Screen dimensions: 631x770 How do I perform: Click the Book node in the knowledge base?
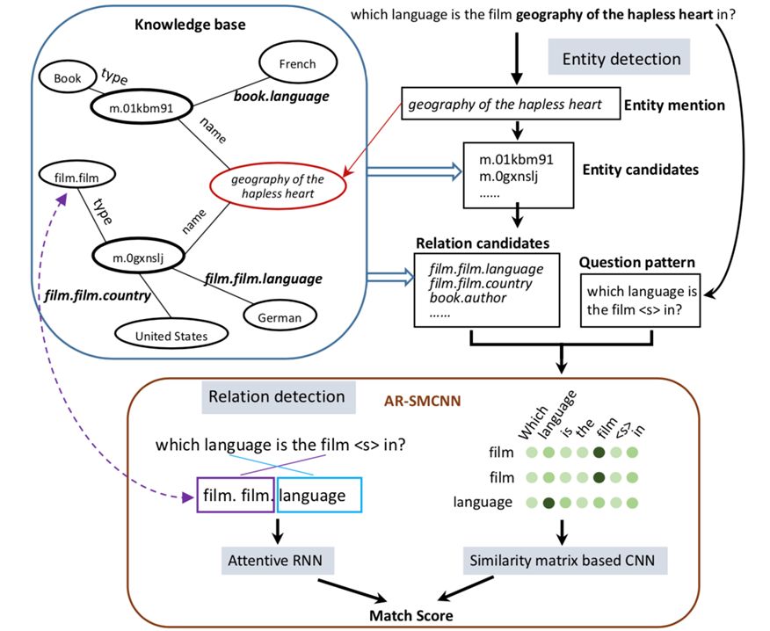point(67,78)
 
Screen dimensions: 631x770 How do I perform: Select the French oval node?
point(297,64)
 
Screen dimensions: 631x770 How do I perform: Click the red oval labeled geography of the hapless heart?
point(278,185)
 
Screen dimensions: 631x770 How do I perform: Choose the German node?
point(279,317)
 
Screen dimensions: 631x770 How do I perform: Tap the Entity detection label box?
point(621,59)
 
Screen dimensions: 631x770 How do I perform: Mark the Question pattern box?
point(641,300)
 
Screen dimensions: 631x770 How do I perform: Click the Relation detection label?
point(275,396)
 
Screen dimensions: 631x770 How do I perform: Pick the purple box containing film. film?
point(236,496)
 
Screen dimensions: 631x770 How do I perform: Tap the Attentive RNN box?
point(277,558)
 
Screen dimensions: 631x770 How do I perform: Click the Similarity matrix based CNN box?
point(563,558)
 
